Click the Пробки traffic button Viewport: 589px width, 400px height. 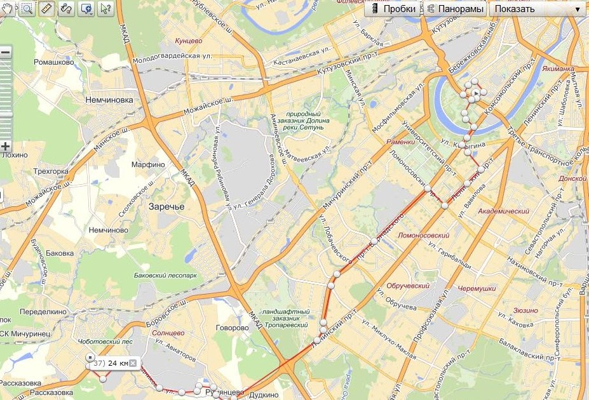393,9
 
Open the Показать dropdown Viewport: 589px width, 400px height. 538,9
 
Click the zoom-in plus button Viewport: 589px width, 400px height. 6,146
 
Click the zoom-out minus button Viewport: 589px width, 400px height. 6,53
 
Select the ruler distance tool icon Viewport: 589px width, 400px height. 46,8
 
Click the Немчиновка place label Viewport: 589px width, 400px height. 109,100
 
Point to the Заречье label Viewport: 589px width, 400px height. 166,206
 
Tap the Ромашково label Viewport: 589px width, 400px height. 54,62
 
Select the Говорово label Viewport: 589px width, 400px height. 232,328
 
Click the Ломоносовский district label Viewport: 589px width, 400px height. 423,236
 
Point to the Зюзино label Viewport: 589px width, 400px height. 525,311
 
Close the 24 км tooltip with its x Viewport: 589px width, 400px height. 133,363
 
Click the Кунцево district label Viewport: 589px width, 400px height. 189,41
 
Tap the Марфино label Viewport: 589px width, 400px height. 148,164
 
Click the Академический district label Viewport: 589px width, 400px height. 503,211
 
